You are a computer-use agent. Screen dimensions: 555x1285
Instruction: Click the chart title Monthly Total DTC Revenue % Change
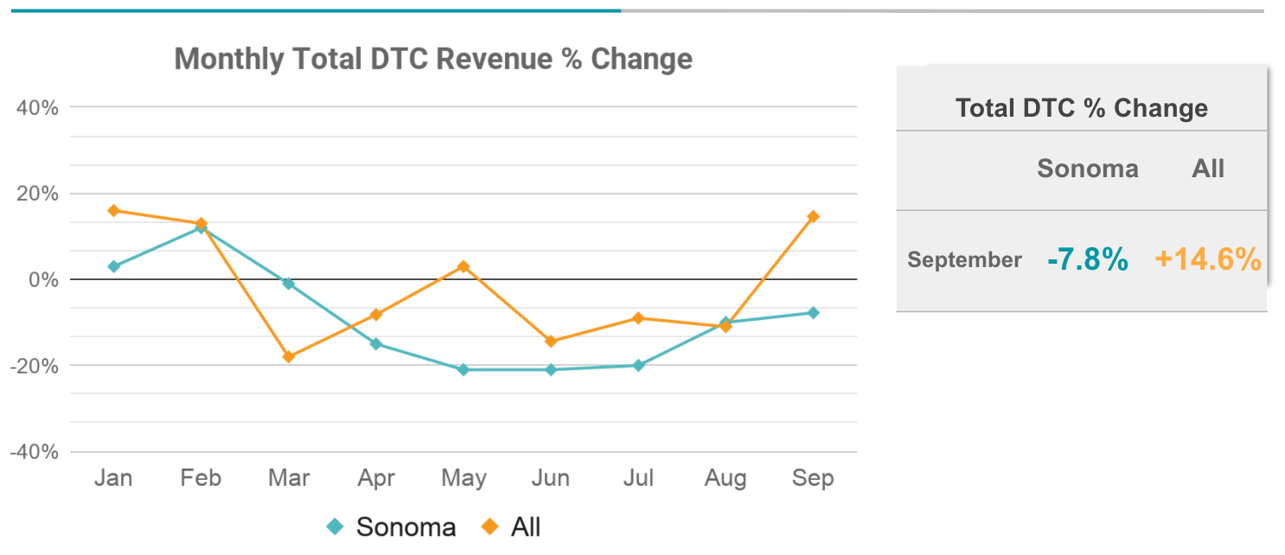[x=433, y=59]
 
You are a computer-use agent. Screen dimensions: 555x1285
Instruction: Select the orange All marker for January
[x=113, y=210]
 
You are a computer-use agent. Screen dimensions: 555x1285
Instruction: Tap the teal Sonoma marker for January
[x=113, y=266]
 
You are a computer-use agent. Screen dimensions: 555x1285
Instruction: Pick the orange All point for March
[x=289, y=356]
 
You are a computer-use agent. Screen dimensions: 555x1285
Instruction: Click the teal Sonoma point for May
[x=463, y=369]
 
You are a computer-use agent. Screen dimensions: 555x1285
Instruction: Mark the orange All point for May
[x=463, y=266]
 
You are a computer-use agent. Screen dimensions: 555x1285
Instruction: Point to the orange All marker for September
[x=813, y=216]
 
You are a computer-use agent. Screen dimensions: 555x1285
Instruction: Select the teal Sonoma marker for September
[x=813, y=312]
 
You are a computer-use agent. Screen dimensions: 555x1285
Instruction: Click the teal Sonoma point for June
[x=551, y=369]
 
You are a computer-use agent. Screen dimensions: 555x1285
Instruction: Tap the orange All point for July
[x=638, y=317]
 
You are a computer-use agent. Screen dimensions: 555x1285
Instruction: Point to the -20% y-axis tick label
[x=35, y=366]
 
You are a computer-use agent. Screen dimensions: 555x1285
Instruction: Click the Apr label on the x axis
[x=376, y=478]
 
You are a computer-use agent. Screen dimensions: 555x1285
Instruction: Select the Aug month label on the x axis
[x=726, y=478]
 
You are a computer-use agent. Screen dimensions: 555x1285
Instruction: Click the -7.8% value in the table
[x=1087, y=258]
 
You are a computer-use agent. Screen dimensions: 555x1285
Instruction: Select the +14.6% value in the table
[x=1208, y=258]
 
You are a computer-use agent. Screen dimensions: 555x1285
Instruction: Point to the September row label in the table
[x=964, y=259]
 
